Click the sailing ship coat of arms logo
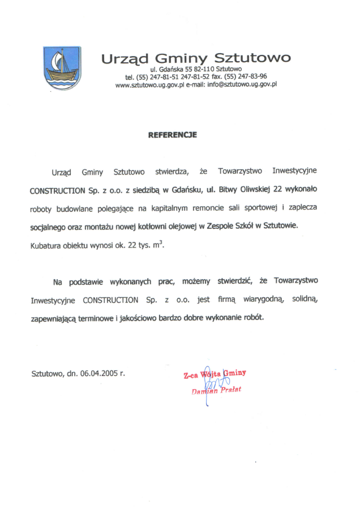coord(62,68)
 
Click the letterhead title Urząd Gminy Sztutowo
coord(196,58)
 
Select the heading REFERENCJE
coord(172,135)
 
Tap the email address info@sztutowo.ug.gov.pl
coord(242,84)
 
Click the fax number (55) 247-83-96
coord(246,76)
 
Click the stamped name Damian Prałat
coord(217,390)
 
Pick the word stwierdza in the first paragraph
coord(171,171)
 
